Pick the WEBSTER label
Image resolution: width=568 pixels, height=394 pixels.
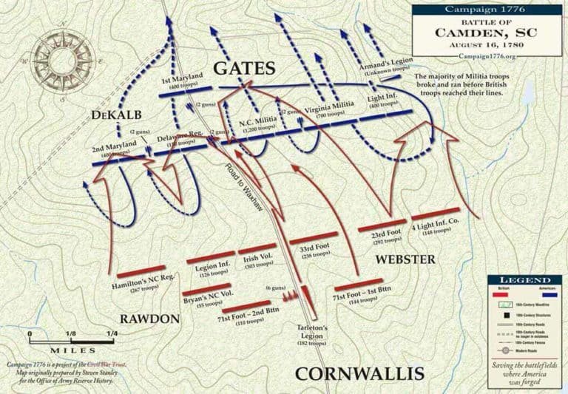coord(405,260)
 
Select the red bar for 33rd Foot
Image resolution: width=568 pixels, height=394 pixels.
coord(314,240)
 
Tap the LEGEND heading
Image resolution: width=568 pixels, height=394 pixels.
coord(525,282)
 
